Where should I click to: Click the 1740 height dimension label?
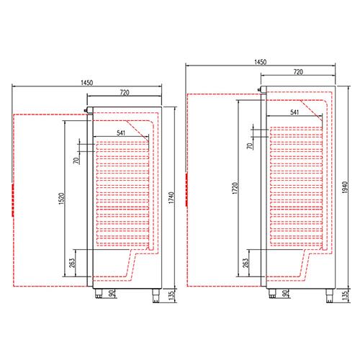click(171, 198)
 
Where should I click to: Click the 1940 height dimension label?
click(344, 188)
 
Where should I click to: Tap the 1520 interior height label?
click(62, 199)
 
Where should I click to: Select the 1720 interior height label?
click(235, 188)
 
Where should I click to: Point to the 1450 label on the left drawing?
click(86, 83)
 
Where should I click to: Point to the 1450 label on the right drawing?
click(261, 62)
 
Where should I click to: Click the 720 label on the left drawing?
click(125, 92)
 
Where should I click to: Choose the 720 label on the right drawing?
click(298, 72)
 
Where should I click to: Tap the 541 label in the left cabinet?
click(121, 132)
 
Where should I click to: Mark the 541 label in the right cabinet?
click(294, 112)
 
